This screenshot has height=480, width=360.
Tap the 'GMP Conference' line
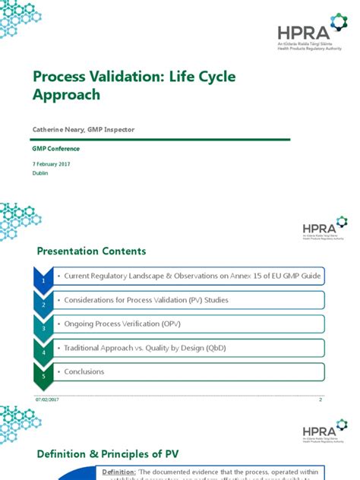point(55,148)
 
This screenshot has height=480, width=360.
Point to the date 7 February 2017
point(52,164)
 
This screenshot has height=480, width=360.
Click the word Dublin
point(39,173)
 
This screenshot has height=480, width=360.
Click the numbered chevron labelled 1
point(44,279)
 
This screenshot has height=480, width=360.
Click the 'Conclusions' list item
point(84,371)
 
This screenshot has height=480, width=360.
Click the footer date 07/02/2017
point(46,399)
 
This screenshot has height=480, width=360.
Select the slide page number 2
point(321,399)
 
